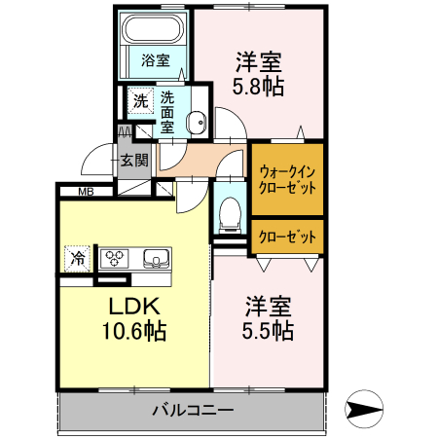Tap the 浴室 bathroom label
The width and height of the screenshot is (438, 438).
click(x=155, y=60)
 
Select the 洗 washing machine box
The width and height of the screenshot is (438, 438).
click(x=140, y=100)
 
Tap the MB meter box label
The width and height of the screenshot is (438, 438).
click(x=86, y=192)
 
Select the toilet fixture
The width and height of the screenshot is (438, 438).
click(x=231, y=212)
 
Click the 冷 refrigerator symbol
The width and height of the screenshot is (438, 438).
click(x=77, y=259)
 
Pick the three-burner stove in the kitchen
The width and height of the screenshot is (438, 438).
click(x=117, y=259)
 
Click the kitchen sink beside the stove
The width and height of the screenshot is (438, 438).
click(x=156, y=259)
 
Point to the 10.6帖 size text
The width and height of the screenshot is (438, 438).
click(x=133, y=331)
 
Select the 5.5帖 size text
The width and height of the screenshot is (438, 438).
click(x=267, y=331)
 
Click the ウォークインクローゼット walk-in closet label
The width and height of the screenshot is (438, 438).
click(x=287, y=180)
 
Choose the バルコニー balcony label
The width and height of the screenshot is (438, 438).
click(x=192, y=410)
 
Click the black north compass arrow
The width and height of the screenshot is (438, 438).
click(x=362, y=410)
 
